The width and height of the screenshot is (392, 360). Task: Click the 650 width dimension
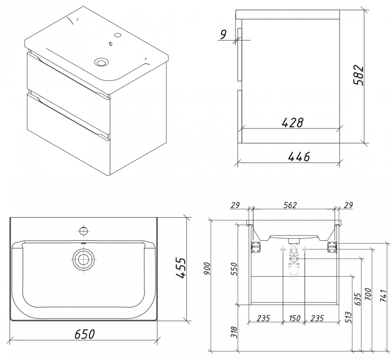tap(85, 334)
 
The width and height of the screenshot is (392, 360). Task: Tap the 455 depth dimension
tap(181, 268)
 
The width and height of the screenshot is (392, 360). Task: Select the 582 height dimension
tap(358, 76)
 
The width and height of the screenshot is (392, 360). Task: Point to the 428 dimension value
tap(292, 123)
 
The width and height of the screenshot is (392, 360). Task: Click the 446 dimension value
tap(299, 157)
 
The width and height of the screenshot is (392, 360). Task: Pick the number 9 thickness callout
tap(223, 35)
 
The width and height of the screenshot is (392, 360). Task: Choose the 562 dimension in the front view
tap(290, 205)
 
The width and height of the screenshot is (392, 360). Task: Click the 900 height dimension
tap(207, 268)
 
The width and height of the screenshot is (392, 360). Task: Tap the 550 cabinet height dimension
tap(234, 269)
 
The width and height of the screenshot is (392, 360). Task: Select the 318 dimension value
tap(234, 332)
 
